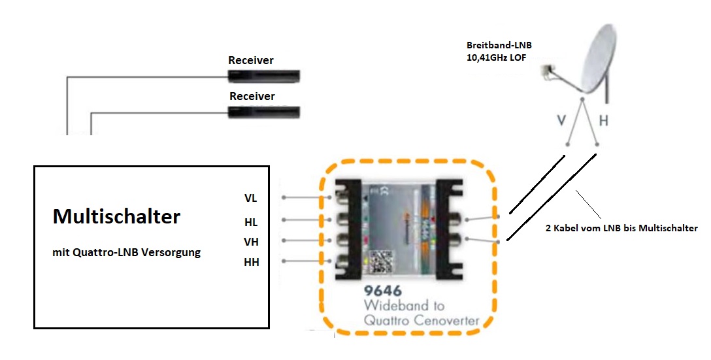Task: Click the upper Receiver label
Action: pyautogui.click(x=251, y=61)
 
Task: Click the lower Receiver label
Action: pyautogui.click(x=252, y=97)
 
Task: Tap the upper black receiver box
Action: pyautogui.click(x=263, y=76)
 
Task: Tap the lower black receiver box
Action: pyautogui.click(x=264, y=112)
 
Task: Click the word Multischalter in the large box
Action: pyautogui.click(x=116, y=217)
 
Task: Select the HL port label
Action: pyautogui.click(x=251, y=222)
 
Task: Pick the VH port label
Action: pyautogui.click(x=251, y=242)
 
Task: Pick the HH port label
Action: pyautogui.click(x=251, y=263)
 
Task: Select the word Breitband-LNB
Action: pyautogui.click(x=498, y=46)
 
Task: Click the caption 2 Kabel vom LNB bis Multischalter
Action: pyautogui.click(x=621, y=229)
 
